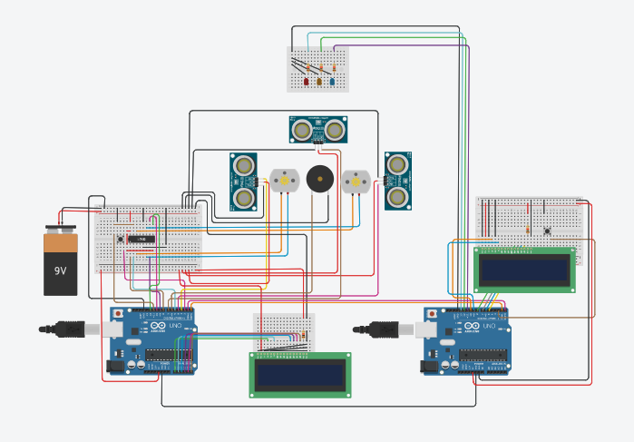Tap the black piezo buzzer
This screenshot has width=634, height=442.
tap(318, 179)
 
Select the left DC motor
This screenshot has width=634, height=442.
tap(284, 181)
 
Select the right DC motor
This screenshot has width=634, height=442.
tap(356, 182)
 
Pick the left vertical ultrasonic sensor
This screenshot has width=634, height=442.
tap(243, 182)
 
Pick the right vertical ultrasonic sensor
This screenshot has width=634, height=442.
tap(397, 180)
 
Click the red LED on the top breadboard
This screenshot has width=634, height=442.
tap(307, 82)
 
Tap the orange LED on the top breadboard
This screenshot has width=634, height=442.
tap(319, 82)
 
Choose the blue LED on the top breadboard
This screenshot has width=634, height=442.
tap(332, 82)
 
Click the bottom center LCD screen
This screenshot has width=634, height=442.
tap(299, 375)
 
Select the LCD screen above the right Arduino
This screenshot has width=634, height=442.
tap(524, 269)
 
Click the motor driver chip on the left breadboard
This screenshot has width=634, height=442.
tap(141, 239)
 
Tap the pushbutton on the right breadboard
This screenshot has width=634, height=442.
tap(548, 231)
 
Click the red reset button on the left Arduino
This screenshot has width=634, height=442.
tap(117, 314)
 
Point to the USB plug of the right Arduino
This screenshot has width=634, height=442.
tap(376, 328)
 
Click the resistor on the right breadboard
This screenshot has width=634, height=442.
tap(528, 230)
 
